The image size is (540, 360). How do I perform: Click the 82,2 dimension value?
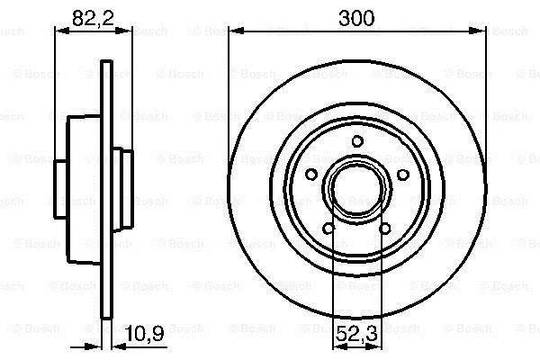[93, 18]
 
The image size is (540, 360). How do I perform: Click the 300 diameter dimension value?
[356, 18]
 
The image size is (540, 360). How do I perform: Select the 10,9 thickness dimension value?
[144, 333]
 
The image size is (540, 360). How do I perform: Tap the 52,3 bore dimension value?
[356, 334]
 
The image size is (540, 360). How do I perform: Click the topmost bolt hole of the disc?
[357, 141]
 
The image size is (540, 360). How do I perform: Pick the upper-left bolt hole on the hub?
[311, 175]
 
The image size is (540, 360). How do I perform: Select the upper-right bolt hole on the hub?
[403, 175]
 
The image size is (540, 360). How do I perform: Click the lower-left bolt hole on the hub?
[328, 228]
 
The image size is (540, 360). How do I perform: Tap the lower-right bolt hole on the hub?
[385, 229]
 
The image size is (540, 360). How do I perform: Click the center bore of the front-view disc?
[356, 189]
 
